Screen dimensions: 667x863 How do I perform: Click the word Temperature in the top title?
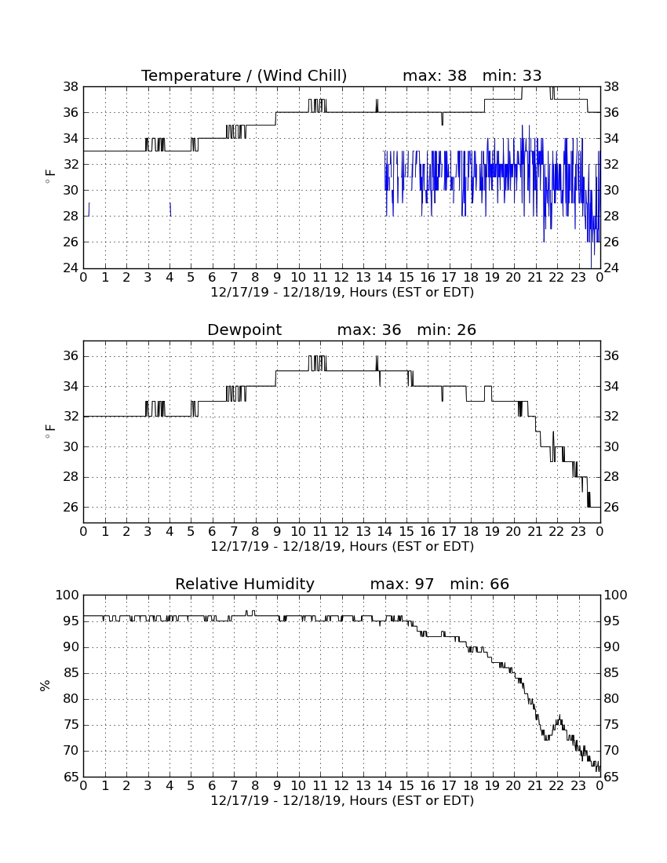point(191,75)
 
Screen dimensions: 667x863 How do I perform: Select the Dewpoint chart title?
point(244,330)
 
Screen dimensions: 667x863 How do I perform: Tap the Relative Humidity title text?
point(244,584)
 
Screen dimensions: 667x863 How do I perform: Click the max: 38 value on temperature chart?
point(435,75)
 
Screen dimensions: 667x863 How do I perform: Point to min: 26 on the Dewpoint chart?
point(446,330)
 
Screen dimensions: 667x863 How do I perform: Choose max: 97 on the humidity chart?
point(402,584)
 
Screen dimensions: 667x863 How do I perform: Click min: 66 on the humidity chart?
point(479,584)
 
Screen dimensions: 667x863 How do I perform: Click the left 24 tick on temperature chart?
point(71,268)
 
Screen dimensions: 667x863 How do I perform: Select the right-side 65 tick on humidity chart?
point(612,777)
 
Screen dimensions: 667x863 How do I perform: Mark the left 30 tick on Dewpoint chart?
point(71,446)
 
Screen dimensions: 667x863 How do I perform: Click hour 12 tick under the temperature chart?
point(341,278)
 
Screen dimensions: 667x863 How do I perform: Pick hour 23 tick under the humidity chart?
point(578,786)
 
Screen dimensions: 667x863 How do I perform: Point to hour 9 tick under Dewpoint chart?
point(277,532)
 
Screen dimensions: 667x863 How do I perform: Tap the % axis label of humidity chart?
point(46,686)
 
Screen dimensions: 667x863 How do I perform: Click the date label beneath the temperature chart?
point(342,293)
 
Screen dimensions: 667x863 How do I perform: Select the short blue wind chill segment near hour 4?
point(170,209)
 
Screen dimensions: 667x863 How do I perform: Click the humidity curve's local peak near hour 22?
point(559,716)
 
